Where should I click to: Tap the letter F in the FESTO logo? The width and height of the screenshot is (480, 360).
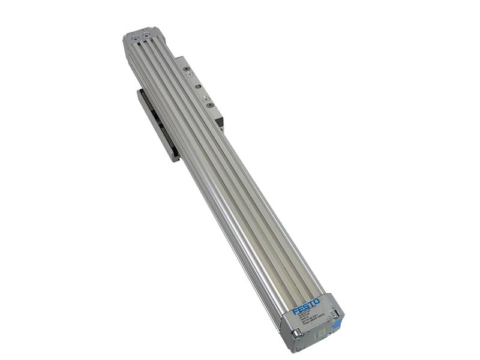(x=295, y=311)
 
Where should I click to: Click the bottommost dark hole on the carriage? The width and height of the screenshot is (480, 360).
(x=210, y=105)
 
